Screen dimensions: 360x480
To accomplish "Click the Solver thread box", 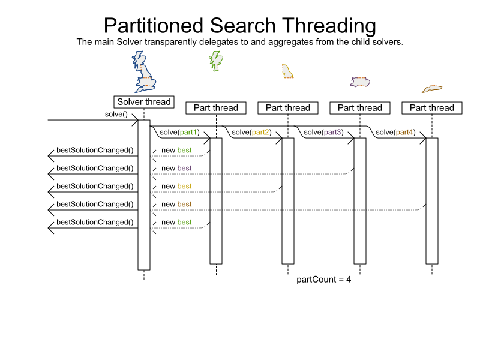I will click(x=144, y=102).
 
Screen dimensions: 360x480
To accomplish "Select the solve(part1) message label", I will click(x=179, y=132).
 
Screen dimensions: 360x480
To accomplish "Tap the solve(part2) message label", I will click(x=251, y=132).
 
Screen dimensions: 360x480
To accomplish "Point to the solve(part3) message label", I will click(x=323, y=132).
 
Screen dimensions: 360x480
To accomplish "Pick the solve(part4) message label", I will click(x=395, y=132).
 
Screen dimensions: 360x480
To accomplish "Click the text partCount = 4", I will click(x=324, y=280).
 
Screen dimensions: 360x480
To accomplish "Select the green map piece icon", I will click(x=215, y=60).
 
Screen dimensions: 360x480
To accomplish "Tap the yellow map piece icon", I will click(x=287, y=71).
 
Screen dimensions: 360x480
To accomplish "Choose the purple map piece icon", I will click(x=359, y=82).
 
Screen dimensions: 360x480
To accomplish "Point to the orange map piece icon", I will click(x=431, y=89).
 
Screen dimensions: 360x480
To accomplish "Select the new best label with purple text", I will click(x=176, y=168).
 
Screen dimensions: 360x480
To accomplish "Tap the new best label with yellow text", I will click(x=176, y=186).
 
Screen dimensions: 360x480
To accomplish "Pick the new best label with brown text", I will click(x=176, y=204).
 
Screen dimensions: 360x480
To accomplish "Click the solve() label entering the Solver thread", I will click(x=116, y=114).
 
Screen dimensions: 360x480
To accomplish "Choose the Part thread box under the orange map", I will click(x=432, y=108).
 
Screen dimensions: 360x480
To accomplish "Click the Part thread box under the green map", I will click(x=216, y=108).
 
